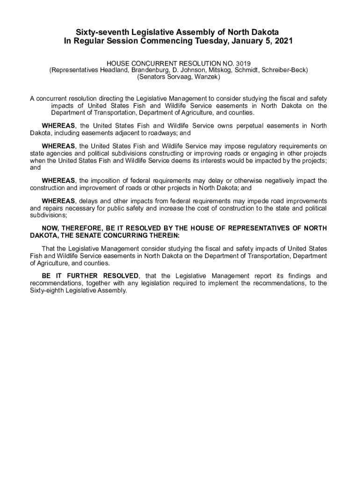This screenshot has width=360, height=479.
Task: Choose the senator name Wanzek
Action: click(x=208, y=77)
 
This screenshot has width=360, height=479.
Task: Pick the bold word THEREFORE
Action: click(x=82, y=228)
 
